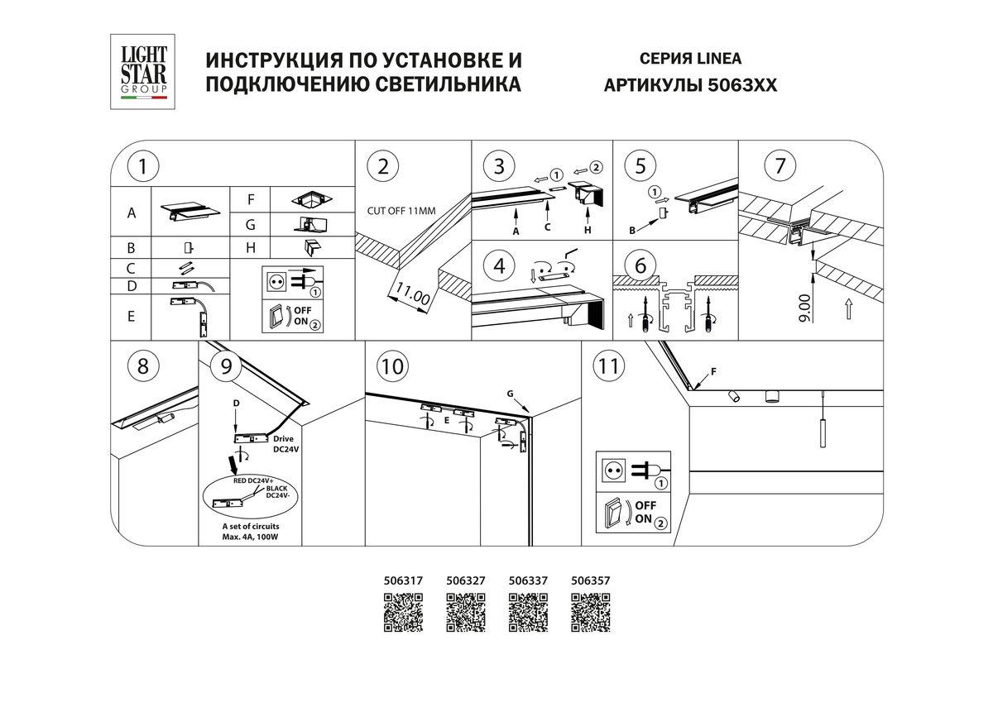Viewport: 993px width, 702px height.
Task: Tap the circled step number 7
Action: (x=777, y=166)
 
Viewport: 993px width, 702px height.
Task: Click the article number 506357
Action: (x=590, y=582)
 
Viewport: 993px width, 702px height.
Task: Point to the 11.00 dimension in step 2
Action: (x=411, y=294)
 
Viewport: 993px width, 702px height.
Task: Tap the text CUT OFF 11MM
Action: (x=401, y=212)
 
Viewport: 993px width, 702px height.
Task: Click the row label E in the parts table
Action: (x=131, y=317)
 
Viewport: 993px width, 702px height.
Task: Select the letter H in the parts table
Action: (x=250, y=247)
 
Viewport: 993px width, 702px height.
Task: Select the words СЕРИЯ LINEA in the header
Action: (x=690, y=59)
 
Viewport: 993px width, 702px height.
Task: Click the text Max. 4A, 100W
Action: (x=249, y=537)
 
